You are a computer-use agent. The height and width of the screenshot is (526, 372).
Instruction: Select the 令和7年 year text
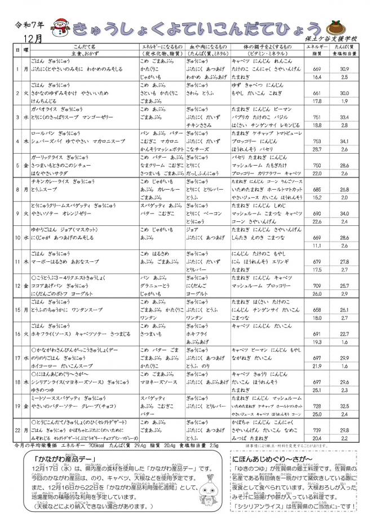(x=27, y=25)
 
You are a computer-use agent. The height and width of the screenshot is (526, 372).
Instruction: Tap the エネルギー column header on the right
(x=316, y=47)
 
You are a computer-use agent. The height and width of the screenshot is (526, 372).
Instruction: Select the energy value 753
(x=316, y=141)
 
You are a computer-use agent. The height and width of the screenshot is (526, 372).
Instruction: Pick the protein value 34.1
(x=344, y=141)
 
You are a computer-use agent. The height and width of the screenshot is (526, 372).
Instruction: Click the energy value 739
(x=316, y=430)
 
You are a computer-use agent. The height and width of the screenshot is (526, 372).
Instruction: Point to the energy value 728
(x=316, y=406)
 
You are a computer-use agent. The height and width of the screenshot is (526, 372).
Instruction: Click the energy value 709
(x=316, y=286)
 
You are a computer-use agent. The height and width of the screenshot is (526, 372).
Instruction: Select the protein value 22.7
(x=344, y=334)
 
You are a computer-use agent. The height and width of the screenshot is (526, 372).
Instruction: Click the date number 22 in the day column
(x=18, y=430)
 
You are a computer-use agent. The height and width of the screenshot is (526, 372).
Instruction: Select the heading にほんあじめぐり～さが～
(x=272, y=459)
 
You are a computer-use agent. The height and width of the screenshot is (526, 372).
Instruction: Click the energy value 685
(x=316, y=190)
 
